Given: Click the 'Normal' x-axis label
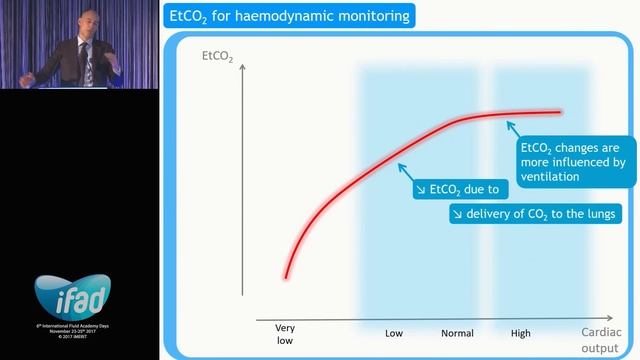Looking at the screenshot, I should (457, 332).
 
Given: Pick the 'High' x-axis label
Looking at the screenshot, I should (520, 332).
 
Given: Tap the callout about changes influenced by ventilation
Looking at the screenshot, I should (573, 161).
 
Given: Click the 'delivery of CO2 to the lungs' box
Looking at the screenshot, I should (535, 214).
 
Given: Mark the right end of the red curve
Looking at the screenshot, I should (560, 112).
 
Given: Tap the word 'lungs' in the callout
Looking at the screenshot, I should (599, 214).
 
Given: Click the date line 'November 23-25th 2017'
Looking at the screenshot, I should (79, 327).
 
